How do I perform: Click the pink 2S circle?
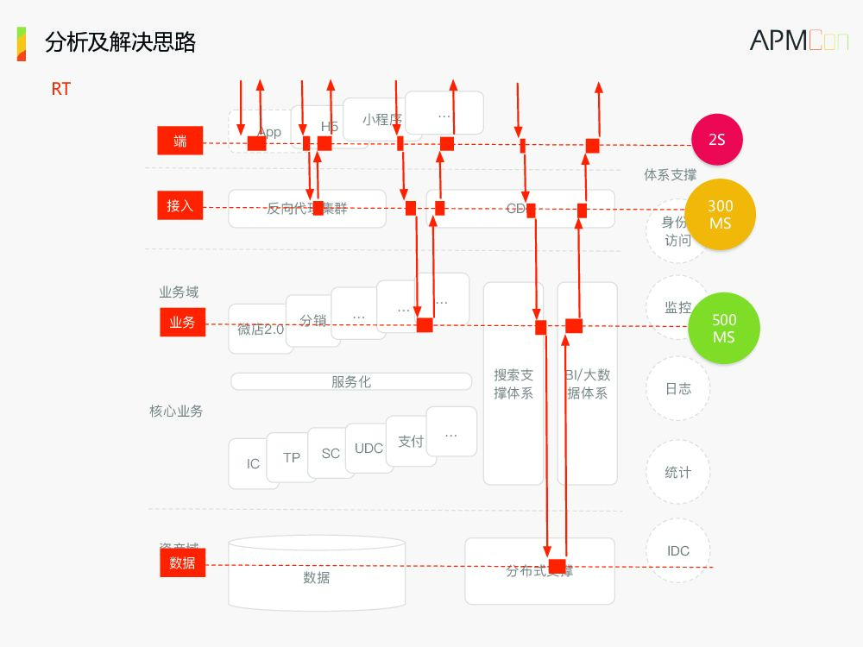716,139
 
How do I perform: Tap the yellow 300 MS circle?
720,215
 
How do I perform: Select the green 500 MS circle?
723,329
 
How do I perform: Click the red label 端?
180,141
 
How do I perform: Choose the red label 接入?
180,206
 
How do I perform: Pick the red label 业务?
182,323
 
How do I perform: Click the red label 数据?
182,563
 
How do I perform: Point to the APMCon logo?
798,41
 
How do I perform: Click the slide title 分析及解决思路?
120,42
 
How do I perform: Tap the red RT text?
60,89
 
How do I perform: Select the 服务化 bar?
351,381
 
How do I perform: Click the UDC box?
369,449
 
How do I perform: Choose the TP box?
292,457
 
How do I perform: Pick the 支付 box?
411,442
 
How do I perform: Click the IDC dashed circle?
677,551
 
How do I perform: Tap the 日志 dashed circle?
677,389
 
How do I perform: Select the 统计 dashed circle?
677,473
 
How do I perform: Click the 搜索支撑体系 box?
513,384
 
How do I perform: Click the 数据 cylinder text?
317,578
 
